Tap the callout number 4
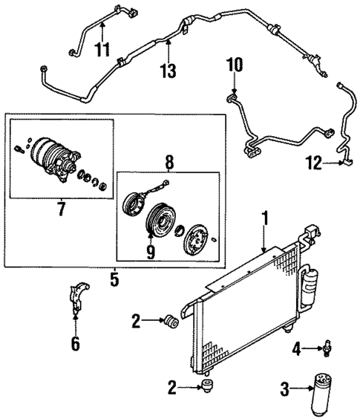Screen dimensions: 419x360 296,347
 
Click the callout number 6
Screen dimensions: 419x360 74,343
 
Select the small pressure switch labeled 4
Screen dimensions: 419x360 324,346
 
